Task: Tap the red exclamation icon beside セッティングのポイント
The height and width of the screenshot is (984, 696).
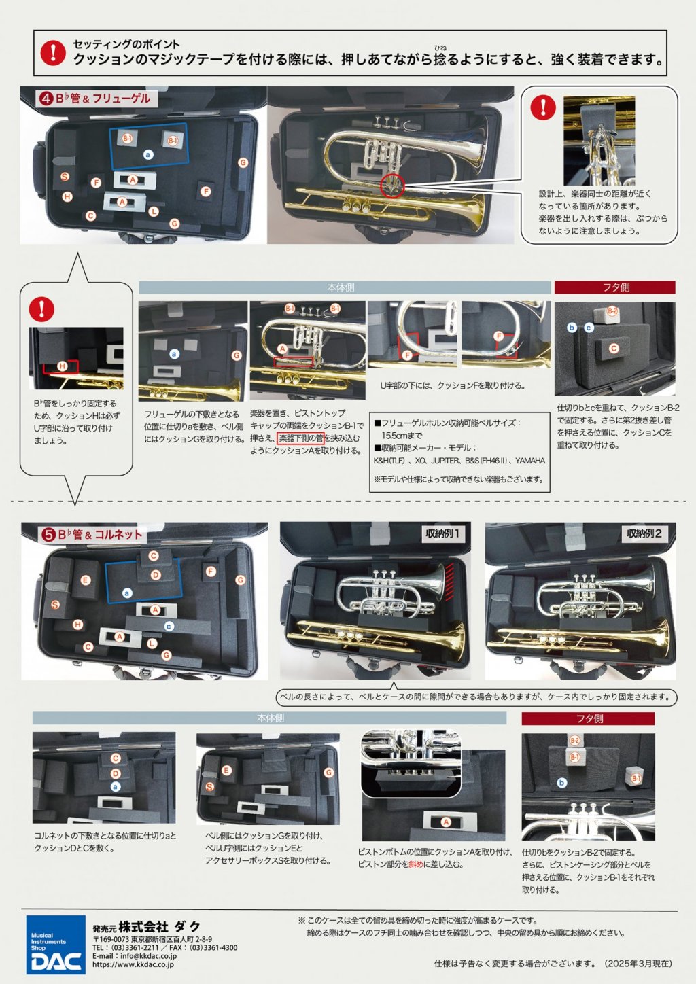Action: [x=53, y=52]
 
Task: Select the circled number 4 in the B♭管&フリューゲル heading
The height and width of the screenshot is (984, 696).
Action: [x=46, y=99]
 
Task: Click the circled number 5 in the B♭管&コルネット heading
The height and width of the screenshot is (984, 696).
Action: [x=48, y=535]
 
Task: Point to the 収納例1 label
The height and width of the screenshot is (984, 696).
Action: [x=442, y=533]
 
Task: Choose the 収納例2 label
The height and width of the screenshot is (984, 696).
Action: [x=644, y=533]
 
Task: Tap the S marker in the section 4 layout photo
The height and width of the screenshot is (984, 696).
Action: [x=65, y=177]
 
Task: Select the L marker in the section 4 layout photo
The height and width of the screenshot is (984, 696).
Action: [x=154, y=211]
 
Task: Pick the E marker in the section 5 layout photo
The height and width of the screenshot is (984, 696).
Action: [x=86, y=580]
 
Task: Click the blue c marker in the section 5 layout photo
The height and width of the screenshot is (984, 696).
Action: [x=169, y=626]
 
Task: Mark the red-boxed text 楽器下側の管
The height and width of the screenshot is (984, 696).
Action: [x=300, y=438]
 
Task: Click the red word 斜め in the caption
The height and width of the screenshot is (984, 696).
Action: [x=416, y=864]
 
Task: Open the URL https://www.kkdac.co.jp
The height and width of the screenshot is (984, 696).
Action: [x=133, y=964]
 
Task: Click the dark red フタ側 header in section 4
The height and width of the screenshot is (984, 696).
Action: [x=614, y=287]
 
